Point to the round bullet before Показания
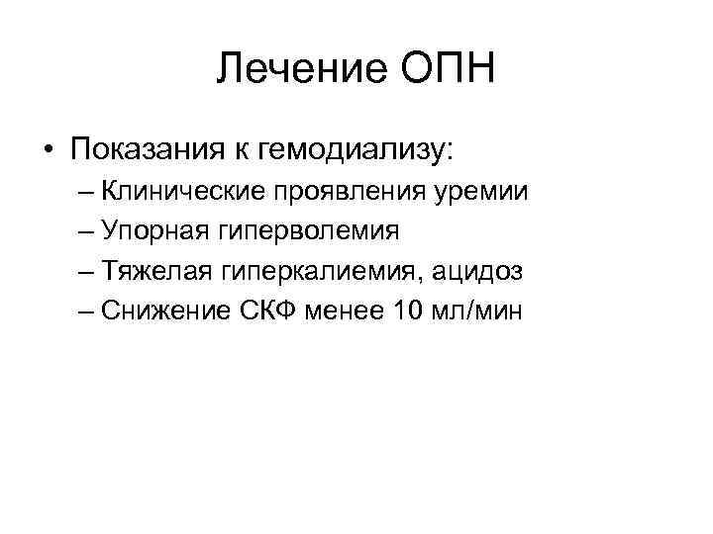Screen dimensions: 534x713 click(x=48, y=150)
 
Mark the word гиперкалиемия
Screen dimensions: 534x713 click(x=315, y=273)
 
